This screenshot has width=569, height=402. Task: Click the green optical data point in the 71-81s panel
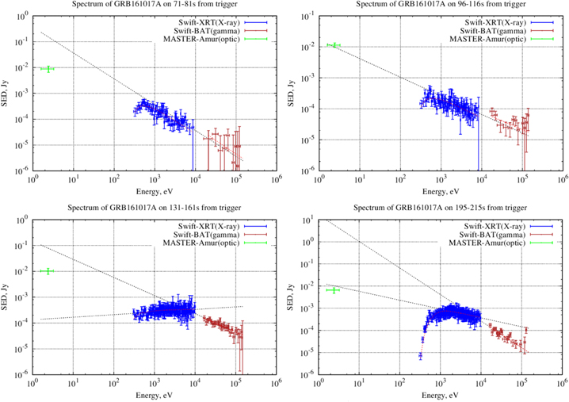pos(48,69)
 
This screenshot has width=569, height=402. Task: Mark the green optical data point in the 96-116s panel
pos(334,45)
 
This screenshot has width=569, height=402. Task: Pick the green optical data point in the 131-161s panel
pos(48,271)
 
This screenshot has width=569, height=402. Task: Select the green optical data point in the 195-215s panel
pos(334,290)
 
